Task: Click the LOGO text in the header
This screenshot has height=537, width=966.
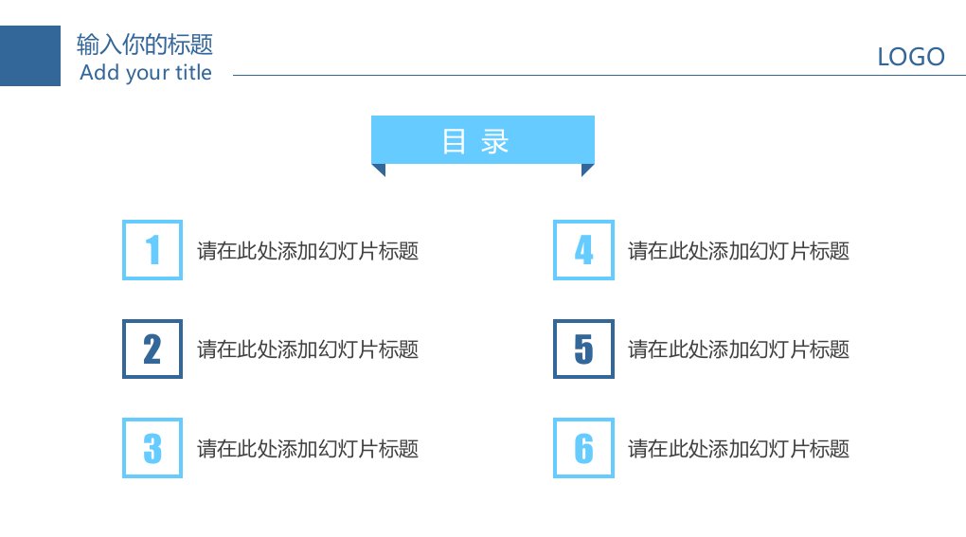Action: [910, 57]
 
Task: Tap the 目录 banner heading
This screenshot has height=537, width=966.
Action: [475, 142]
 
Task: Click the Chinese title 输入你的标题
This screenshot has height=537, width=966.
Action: [145, 45]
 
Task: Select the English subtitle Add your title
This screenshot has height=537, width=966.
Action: [146, 73]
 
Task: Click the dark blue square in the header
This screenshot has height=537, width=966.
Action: [30, 56]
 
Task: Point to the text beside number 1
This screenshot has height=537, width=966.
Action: [308, 251]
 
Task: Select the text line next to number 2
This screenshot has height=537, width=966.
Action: [308, 349]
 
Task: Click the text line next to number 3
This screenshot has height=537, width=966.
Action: [308, 448]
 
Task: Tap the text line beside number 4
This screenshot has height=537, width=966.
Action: [739, 251]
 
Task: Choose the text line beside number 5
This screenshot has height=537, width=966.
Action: [739, 349]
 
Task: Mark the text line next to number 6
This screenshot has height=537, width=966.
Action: [739, 448]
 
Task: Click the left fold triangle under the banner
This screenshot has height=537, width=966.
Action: [381, 169]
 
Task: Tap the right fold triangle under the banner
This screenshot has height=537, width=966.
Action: [586, 169]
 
